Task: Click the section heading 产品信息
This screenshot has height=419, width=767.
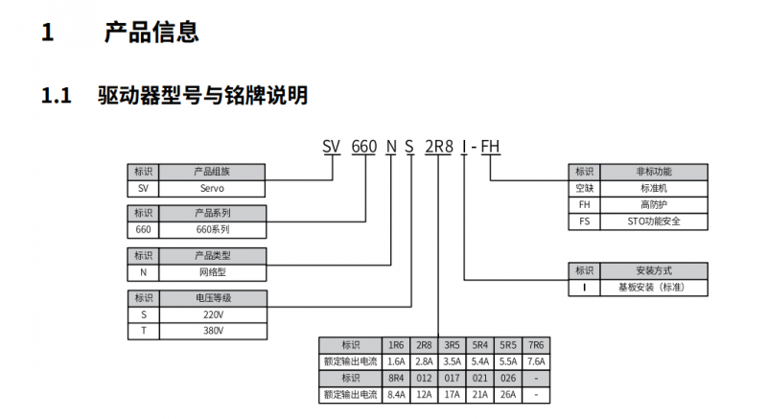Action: click(151, 33)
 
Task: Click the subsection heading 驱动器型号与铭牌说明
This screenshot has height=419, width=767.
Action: click(203, 95)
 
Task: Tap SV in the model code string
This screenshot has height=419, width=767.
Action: click(331, 146)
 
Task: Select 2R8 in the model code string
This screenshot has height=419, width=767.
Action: click(439, 146)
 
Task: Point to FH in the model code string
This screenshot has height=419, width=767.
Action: click(490, 146)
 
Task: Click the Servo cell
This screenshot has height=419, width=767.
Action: click(212, 188)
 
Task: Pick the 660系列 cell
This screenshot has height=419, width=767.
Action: click(212, 230)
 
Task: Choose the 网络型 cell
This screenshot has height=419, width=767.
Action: click(212, 272)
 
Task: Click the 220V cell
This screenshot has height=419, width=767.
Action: click(213, 314)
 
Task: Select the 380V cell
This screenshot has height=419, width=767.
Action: click(213, 331)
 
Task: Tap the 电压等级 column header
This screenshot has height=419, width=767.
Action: click(213, 298)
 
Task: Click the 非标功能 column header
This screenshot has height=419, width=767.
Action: click(654, 172)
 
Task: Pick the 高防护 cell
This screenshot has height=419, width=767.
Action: click(654, 205)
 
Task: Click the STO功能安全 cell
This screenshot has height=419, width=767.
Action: click(654, 221)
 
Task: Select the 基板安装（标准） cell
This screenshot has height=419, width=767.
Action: click(654, 288)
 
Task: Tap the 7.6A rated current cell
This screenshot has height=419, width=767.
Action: click(536, 361)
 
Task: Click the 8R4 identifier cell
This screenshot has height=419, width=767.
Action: click(396, 379)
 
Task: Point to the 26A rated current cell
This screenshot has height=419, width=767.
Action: click(508, 395)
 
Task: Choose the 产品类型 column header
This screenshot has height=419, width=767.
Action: click(212, 256)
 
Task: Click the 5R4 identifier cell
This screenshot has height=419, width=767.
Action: click(480, 345)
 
